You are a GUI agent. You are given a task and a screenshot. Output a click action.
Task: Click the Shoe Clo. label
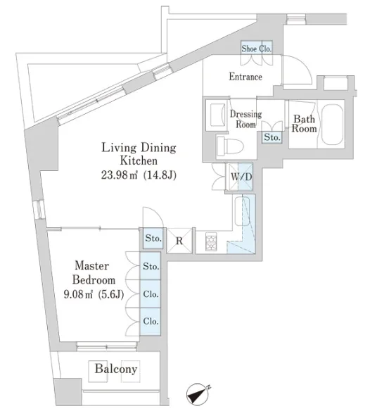(x=257, y=49)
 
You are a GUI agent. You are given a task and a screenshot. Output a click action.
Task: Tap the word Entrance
(x=245, y=77)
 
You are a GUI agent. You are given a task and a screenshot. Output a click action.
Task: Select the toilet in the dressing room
(x=230, y=144)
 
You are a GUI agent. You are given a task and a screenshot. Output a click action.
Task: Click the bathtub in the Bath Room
(x=332, y=125)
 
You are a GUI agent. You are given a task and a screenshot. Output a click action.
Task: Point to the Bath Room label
(x=304, y=124)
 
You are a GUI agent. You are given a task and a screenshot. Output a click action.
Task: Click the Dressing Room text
(x=245, y=119)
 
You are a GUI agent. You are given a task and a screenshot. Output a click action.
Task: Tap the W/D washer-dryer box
(x=240, y=177)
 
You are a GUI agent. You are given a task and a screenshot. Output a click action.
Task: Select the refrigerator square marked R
(x=179, y=241)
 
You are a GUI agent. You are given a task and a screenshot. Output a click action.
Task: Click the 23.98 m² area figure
(x=119, y=175)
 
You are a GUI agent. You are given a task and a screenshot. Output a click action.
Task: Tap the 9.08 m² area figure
(x=78, y=294)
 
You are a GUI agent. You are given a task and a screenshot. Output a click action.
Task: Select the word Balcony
(x=116, y=369)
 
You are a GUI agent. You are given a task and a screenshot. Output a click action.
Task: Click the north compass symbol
(x=198, y=394)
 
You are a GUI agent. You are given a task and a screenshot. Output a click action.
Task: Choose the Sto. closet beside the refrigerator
(x=153, y=238)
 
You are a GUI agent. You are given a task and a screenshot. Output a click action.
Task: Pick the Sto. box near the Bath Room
(x=272, y=137)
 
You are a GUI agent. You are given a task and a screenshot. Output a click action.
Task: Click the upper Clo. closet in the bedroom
(x=151, y=294)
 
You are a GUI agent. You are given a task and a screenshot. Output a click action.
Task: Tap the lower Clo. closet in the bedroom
(x=151, y=322)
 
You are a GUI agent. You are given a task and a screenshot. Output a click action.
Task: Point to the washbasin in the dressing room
(x=218, y=115)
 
